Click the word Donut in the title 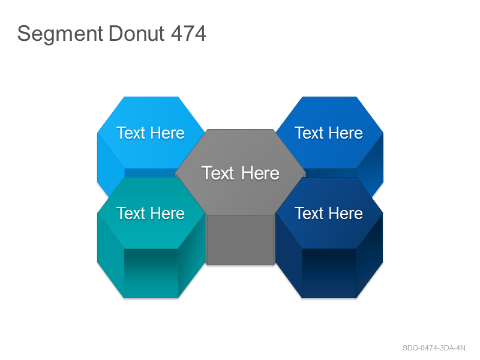137,33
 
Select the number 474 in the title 188,33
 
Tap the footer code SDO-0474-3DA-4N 434,348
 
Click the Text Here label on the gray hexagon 241,173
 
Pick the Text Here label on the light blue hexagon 151,133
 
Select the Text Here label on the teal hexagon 151,213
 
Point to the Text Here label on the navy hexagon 328,213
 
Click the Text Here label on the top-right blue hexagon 328,133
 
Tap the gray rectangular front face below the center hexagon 241,239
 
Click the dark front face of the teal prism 151,273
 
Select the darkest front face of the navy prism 329,273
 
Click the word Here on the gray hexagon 260,173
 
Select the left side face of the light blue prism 110,166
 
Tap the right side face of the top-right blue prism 370,166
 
